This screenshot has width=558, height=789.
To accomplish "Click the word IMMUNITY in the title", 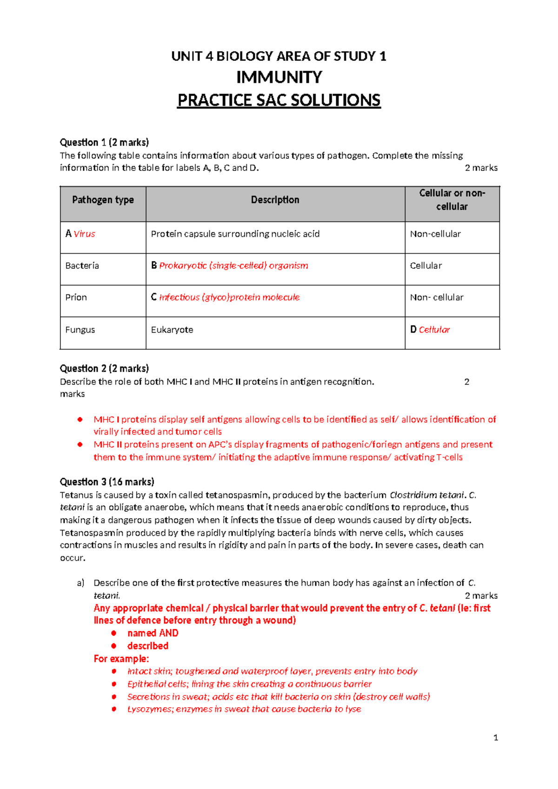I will point(279,77).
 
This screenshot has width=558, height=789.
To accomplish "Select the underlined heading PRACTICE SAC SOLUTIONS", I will point(279,100).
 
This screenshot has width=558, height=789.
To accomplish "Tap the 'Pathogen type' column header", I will point(103,200).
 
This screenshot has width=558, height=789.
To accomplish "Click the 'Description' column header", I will point(275,200).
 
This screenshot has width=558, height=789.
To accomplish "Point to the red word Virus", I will point(84,234).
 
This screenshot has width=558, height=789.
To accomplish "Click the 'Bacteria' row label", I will point(82,266).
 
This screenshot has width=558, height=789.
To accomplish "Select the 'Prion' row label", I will point(76,297).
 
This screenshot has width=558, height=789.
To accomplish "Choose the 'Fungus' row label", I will point(80,330).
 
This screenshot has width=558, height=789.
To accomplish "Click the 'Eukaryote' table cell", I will point(172,330).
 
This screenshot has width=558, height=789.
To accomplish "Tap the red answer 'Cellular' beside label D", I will point(434,330).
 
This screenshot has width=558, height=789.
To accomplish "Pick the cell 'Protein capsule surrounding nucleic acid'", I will point(235,234).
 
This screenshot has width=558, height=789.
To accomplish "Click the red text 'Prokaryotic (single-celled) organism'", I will point(233,266).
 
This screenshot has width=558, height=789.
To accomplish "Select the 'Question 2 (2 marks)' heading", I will point(104,368).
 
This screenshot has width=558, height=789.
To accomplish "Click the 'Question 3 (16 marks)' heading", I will point(107,482).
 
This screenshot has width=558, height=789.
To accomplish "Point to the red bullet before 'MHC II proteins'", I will point(80,445).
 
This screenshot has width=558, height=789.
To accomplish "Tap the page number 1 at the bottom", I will point(496,737).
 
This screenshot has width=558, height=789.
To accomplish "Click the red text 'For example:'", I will point(121,659).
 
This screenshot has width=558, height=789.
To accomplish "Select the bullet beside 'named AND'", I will point(114,633).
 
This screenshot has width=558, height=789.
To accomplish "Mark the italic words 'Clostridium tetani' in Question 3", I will point(426,495).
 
